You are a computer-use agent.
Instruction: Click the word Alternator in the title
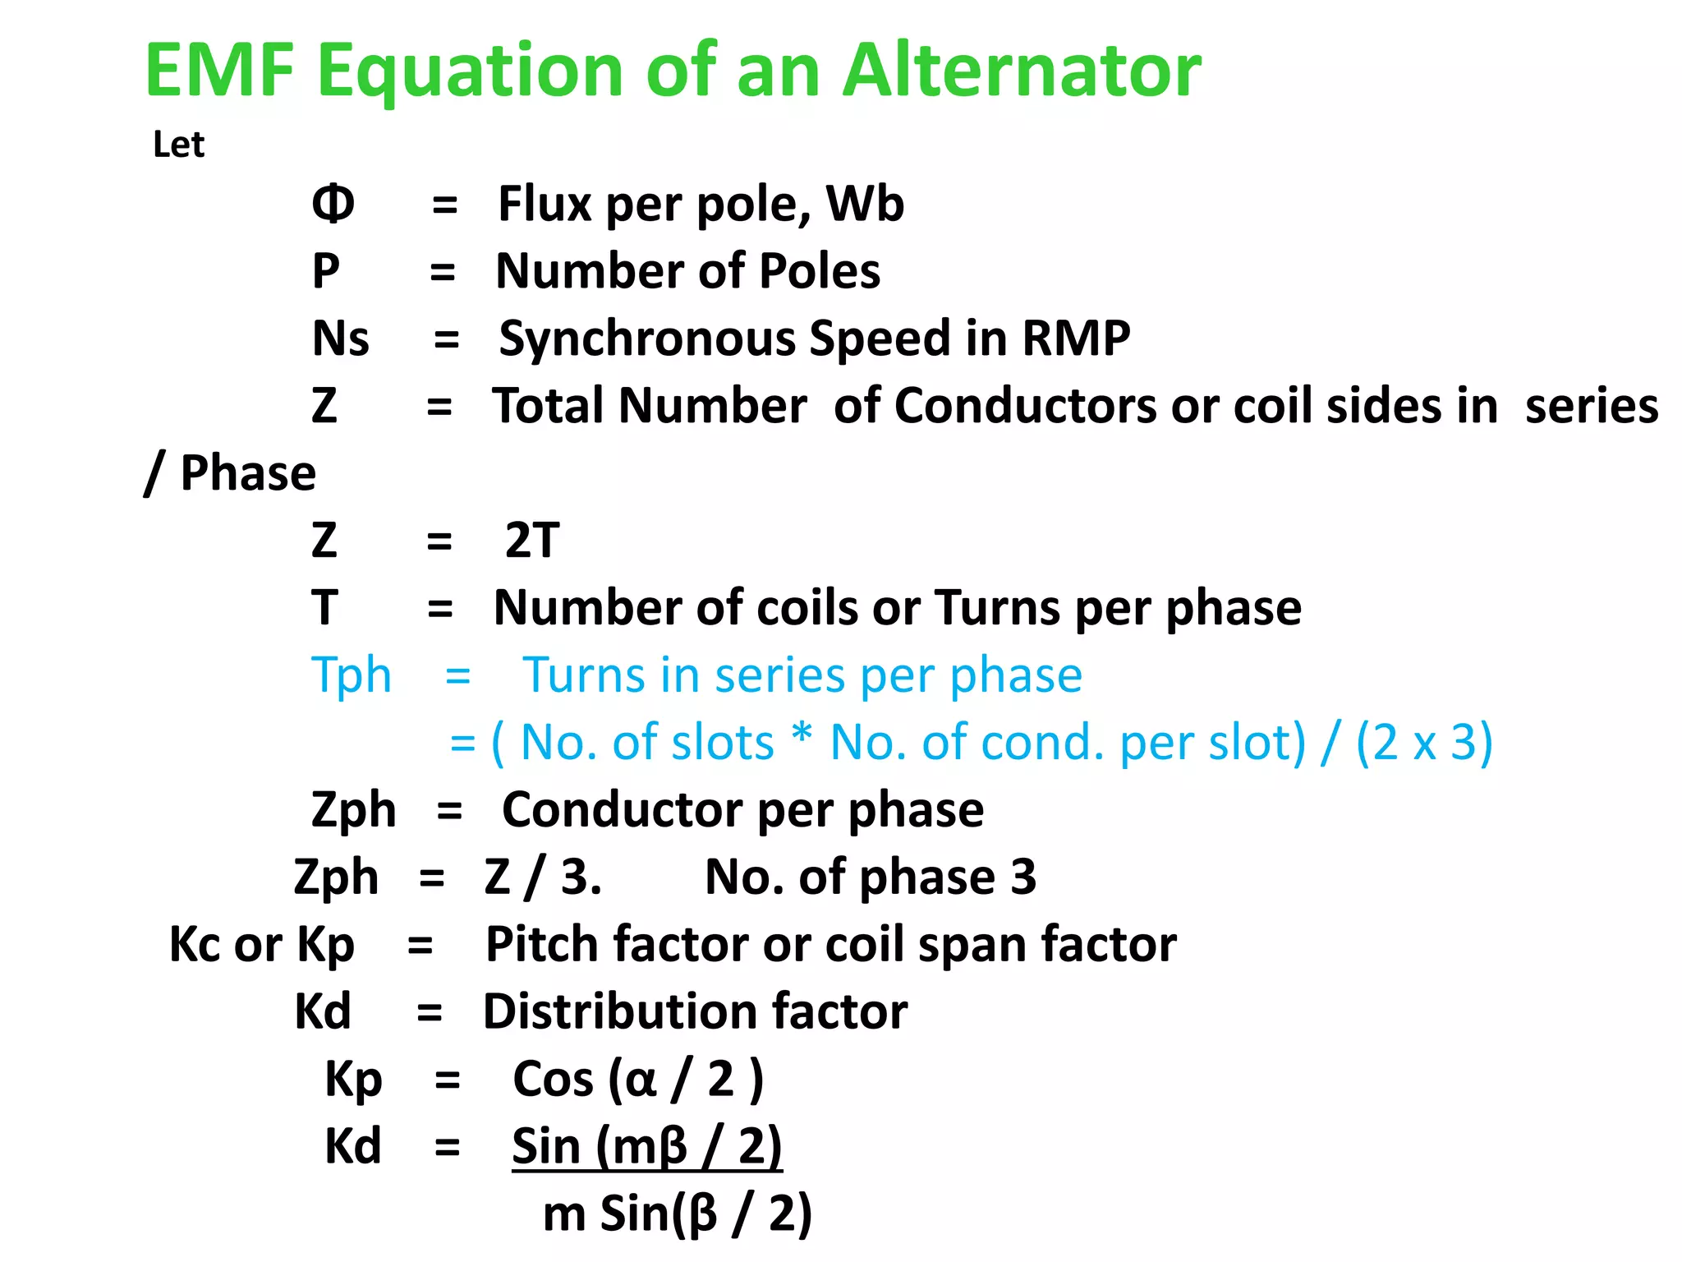pyautogui.click(x=1022, y=71)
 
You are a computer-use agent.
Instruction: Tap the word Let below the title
pyautogui.click(x=178, y=145)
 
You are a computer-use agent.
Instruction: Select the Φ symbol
pyautogui.click(x=333, y=204)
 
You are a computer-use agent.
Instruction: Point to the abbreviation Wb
pyautogui.click(x=865, y=204)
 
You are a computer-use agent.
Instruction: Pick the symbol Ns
pyautogui.click(x=340, y=339)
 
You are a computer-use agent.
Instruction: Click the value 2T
pyautogui.click(x=531, y=541)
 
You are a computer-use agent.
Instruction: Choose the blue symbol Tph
pyautogui.click(x=352, y=675)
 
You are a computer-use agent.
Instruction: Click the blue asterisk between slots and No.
pyautogui.click(x=802, y=736)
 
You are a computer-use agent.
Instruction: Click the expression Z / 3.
pyautogui.click(x=542, y=877)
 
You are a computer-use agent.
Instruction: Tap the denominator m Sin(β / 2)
pyautogui.click(x=678, y=1214)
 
